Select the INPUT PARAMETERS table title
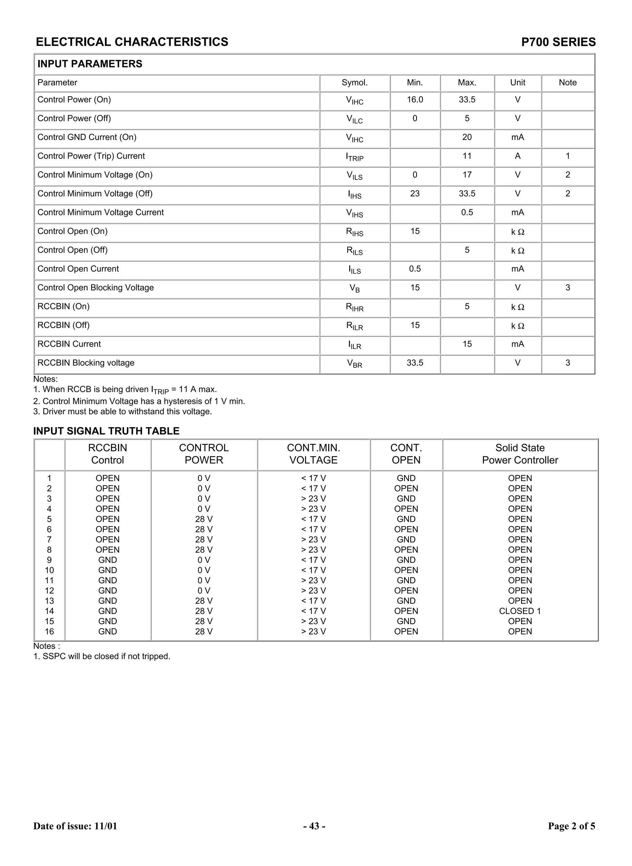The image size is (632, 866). (x=89, y=64)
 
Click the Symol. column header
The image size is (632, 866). (x=354, y=83)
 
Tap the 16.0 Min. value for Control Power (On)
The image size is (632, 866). (x=415, y=100)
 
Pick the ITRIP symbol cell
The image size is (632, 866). (x=354, y=157)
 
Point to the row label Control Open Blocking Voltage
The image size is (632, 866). (x=96, y=288)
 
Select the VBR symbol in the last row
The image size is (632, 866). (x=354, y=363)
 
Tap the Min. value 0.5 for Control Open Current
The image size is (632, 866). (x=415, y=269)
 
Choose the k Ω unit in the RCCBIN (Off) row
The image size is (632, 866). (x=517, y=326)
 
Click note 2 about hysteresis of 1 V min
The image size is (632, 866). (x=139, y=401)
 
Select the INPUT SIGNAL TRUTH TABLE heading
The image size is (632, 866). (x=106, y=431)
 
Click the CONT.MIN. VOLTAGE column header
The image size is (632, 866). (x=313, y=454)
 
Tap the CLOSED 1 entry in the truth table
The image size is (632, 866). (x=520, y=611)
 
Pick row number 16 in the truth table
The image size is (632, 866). (x=49, y=632)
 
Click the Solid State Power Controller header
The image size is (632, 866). (x=520, y=454)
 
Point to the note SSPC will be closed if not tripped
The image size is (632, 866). (x=102, y=657)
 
